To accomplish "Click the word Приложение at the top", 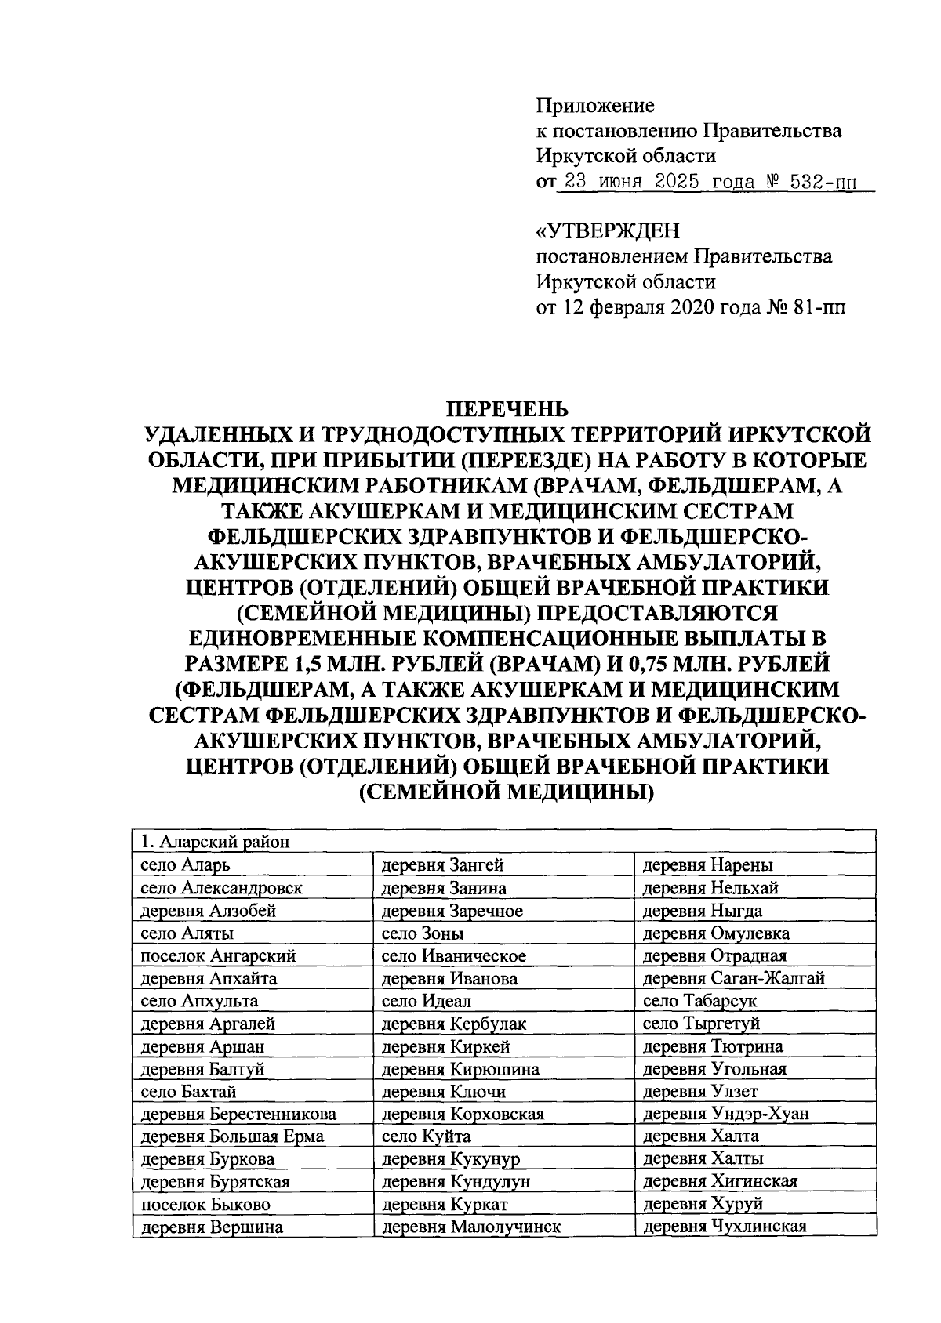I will tap(594, 105).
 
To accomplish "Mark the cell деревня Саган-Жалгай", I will tap(733, 978).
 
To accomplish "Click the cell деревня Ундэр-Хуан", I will tap(725, 1114).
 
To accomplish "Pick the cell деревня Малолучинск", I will tap(470, 1227).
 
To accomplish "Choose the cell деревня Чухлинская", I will tap(725, 1227).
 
